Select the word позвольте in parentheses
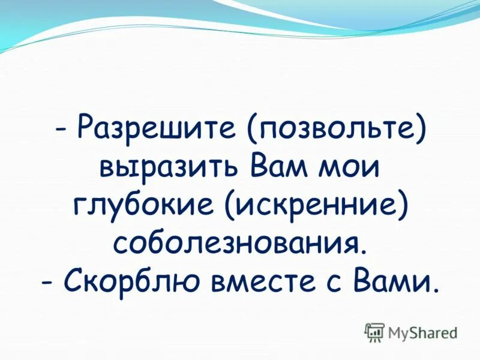(x=340, y=128)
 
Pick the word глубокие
(x=145, y=204)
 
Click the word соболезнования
(x=235, y=242)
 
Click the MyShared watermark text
(x=422, y=332)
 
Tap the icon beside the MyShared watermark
(x=374, y=332)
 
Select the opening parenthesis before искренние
(x=231, y=204)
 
